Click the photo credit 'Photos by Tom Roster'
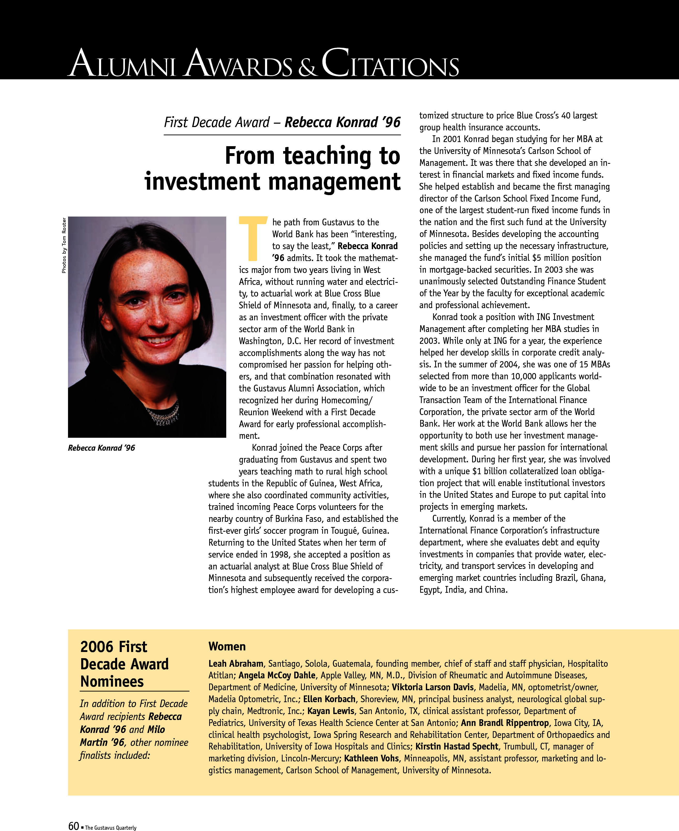click(64, 245)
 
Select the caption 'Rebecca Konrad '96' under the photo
click(101, 448)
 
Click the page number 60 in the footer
click(73, 826)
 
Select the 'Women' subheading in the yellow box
click(227, 646)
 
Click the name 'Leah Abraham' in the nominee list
click(236, 664)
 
